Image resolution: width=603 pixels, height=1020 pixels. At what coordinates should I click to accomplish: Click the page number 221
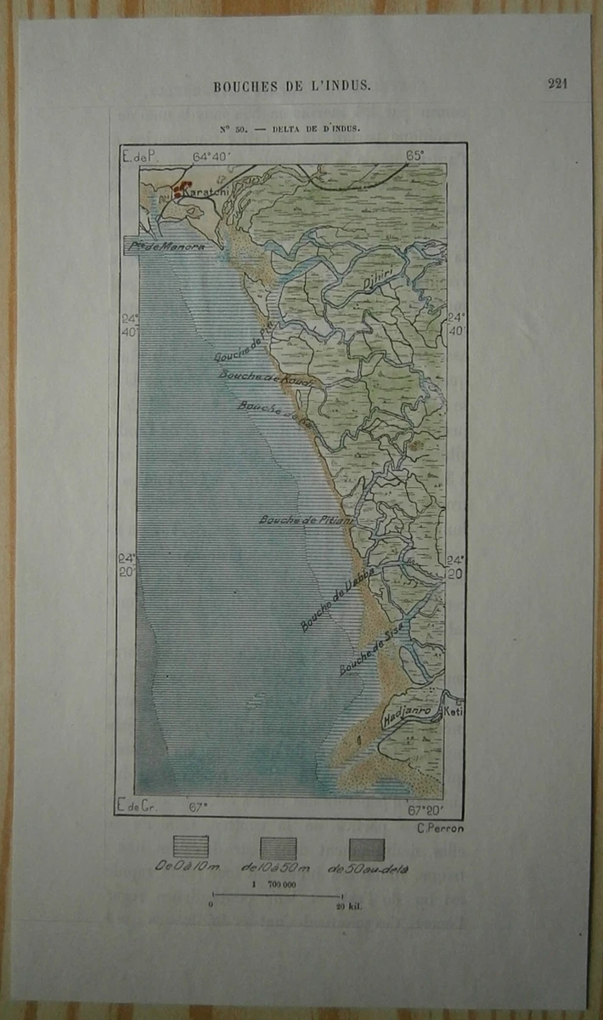pyautogui.click(x=557, y=83)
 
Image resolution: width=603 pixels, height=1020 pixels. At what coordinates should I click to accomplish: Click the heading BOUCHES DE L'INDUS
pyautogui.click(x=292, y=86)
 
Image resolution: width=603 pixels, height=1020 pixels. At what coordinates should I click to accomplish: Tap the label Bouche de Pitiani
pyautogui.click(x=307, y=519)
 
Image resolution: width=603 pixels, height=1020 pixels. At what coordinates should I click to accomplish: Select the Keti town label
pyautogui.click(x=453, y=713)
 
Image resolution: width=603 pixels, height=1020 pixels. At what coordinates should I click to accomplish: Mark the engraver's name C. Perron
pyautogui.click(x=440, y=829)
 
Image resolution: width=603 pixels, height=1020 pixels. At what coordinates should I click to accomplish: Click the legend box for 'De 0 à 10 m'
pyautogui.click(x=190, y=847)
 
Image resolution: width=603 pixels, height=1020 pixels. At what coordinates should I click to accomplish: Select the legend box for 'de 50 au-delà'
pyautogui.click(x=367, y=849)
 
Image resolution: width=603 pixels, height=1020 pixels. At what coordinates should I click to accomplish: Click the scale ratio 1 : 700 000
pyautogui.click(x=274, y=885)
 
